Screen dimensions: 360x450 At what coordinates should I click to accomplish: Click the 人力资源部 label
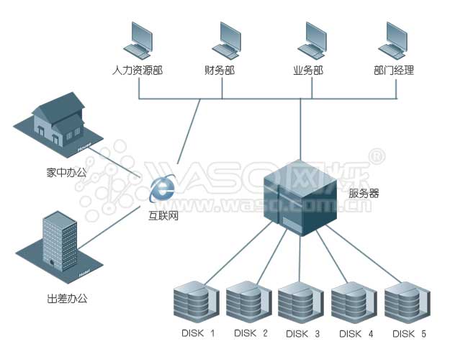(x=137, y=71)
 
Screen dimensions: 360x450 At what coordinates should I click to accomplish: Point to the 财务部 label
(x=220, y=71)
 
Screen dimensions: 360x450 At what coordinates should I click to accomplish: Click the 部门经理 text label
(x=394, y=71)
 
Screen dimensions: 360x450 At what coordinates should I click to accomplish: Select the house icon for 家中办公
(x=60, y=122)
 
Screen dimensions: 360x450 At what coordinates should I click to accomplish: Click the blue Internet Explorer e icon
(x=163, y=189)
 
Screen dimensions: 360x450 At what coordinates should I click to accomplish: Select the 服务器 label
(x=364, y=193)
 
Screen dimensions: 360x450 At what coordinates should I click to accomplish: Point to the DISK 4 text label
(x=356, y=333)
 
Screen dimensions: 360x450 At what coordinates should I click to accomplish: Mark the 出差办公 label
(x=60, y=298)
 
